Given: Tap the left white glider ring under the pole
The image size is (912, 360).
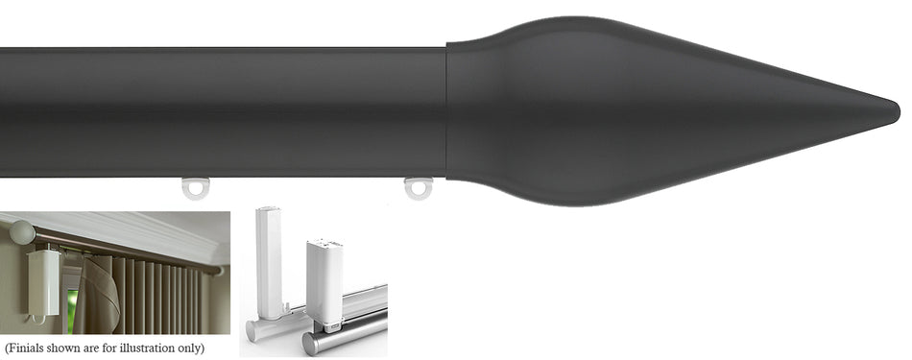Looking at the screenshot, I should (x=196, y=188).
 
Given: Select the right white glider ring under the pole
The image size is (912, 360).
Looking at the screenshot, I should (x=418, y=187).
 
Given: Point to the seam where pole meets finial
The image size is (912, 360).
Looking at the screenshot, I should (x=446, y=110).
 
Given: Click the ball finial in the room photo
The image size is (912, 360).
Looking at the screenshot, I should (x=21, y=232).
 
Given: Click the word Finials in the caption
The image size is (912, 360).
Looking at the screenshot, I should (x=28, y=348).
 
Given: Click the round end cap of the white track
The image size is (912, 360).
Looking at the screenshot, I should (x=253, y=331).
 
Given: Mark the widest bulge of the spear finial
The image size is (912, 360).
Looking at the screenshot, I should (x=557, y=110).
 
